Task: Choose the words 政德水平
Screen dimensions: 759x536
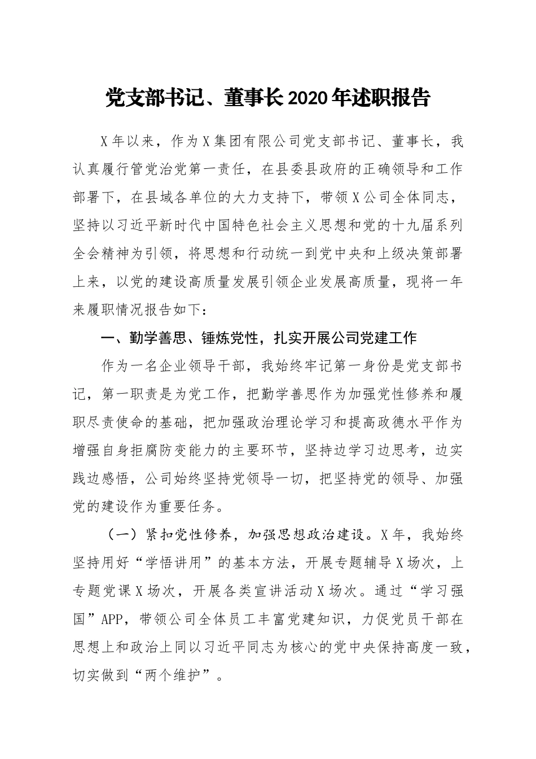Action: coord(406,422)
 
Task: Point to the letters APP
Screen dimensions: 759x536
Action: coord(113,620)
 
